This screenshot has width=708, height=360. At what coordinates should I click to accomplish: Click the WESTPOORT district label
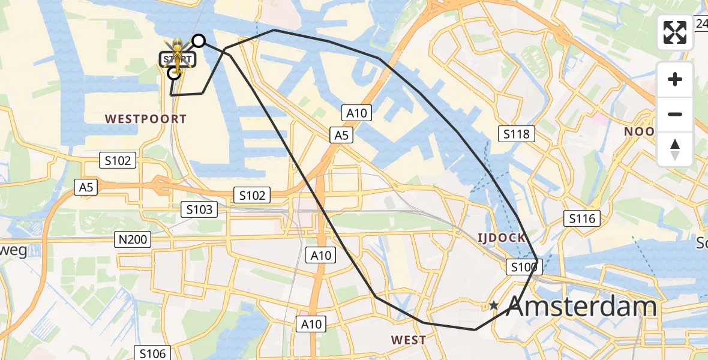(x=146, y=119)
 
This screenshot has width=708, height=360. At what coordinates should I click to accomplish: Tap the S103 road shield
(x=199, y=209)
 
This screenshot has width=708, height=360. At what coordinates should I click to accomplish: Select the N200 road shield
(x=133, y=240)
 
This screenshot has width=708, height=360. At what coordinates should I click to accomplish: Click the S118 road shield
(x=516, y=134)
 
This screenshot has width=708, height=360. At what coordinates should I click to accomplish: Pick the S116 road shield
(x=581, y=218)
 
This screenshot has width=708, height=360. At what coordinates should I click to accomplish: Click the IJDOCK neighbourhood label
(x=502, y=238)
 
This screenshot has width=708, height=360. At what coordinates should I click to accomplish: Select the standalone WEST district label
(x=409, y=340)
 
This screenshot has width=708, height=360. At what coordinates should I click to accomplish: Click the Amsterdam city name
(x=581, y=307)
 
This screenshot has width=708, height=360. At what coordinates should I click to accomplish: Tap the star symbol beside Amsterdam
(x=494, y=306)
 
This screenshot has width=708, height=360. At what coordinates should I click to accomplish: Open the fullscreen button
(x=675, y=32)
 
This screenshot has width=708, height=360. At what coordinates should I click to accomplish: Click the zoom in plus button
(x=675, y=79)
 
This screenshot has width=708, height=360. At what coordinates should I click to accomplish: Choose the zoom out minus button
(x=675, y=114)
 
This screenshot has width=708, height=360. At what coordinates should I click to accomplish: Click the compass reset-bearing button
(x=675, y=149)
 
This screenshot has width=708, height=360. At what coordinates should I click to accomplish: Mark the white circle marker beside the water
(x=198, y=41)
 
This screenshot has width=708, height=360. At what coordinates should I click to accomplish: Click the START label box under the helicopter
(x=178, y=59)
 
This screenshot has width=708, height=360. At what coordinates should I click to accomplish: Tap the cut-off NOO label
(x=638, y=131)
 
